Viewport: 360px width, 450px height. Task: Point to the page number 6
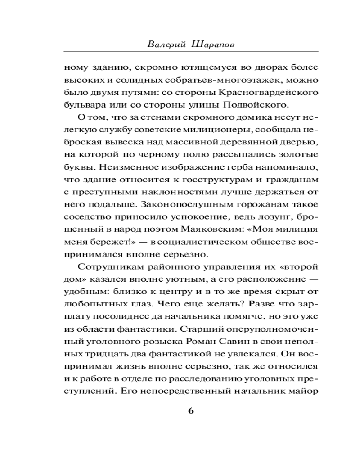coord(190,411)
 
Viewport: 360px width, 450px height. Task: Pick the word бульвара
coord(84,105)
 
